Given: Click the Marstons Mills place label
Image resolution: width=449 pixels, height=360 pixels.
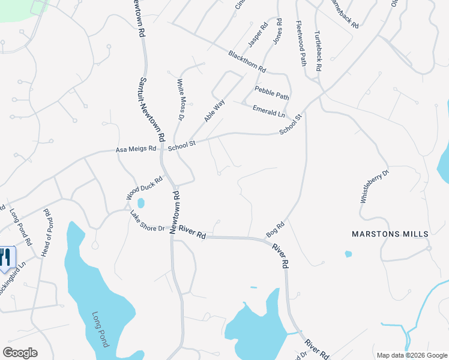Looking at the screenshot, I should point(390,233).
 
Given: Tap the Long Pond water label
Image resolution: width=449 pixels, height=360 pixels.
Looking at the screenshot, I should point(100,329).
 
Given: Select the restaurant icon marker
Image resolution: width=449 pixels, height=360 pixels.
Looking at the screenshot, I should point(5,257).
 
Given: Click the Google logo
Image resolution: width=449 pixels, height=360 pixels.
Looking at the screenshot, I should point(20,353).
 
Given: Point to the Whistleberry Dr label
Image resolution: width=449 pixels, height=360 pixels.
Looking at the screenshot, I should point(375,187).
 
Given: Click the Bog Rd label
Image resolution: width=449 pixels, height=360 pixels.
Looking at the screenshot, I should point(274,228).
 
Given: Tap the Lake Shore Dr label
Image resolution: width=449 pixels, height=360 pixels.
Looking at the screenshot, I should point(147,221).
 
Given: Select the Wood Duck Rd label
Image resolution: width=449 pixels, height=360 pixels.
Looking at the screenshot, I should point(144,188).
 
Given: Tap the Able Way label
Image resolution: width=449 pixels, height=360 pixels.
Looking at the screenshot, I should point(214,110).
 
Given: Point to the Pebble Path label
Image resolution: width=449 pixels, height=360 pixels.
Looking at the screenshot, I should point(272,92).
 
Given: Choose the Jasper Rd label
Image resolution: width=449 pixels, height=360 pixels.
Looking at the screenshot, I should point(258,36).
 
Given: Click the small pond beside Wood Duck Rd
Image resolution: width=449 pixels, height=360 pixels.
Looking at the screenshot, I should point(140,203).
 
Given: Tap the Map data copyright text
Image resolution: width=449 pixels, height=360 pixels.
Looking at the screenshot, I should point(411,355).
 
